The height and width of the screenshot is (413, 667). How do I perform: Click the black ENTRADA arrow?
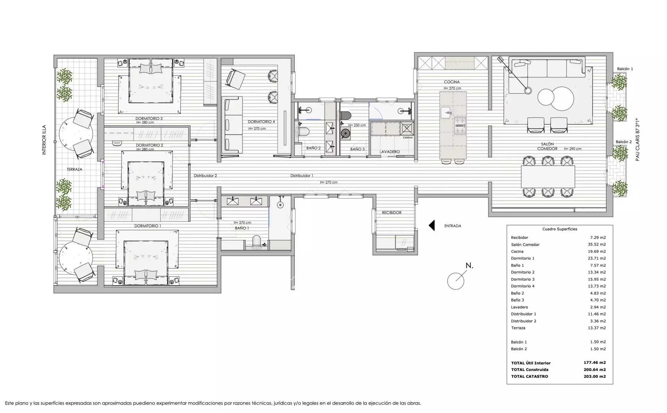tap(432, 225)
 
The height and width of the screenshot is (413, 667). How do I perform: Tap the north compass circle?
tap(456, 281)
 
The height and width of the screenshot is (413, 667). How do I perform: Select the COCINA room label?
tap(452, 82)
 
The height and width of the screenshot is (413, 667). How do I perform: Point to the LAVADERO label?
tap(390, 152)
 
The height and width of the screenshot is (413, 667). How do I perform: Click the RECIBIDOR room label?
tap(392, 213)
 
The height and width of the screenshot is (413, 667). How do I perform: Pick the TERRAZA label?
tap(74, 170)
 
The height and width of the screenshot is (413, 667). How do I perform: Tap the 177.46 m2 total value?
tap(595, 363)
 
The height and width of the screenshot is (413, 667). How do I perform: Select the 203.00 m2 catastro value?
tap(595, 376)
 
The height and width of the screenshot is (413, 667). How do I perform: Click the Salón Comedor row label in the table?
tap(525, 245)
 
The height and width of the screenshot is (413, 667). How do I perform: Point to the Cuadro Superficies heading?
tap(560, 229)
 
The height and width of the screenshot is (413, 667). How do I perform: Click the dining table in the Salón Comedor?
tap(548, 177)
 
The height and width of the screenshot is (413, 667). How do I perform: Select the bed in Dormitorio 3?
tap(151, 81)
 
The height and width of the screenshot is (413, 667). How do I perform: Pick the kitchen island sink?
tap(445, 113)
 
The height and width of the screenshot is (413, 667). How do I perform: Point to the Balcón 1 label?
tap(625, 69)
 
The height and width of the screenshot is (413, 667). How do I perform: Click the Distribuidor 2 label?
tap(205, 176)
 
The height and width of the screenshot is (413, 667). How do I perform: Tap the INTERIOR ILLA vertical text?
tap(44, 140)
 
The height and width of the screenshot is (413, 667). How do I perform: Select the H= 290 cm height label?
tap(573, 149)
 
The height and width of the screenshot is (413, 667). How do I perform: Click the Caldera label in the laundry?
tap(407, 138)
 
